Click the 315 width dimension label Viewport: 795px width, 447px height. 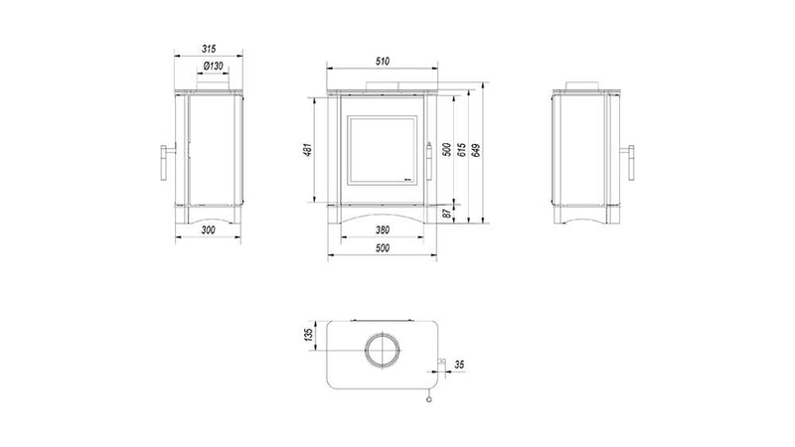(209, 49)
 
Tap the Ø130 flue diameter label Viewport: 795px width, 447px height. (213, 66)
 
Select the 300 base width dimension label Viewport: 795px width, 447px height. (209, 229)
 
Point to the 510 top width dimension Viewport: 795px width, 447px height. (383, 62)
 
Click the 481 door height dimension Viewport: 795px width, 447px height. (308, 150)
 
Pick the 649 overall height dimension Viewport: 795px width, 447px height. (476, 150)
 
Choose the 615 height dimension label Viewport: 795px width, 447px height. (461, 150)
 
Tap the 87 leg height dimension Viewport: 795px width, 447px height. (447, 214)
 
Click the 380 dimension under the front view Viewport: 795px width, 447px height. (383, 229)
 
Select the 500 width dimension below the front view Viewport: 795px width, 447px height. (383, 247)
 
